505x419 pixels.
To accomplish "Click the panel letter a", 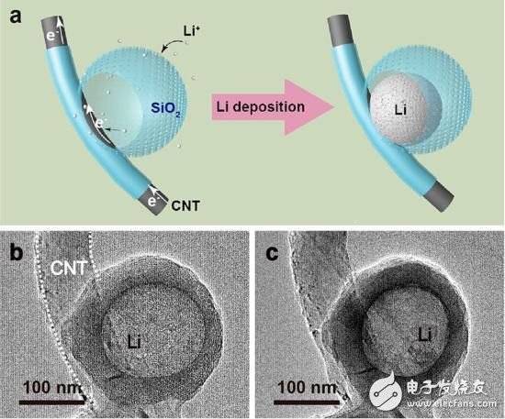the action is pyautogui.click(x=15, y=16).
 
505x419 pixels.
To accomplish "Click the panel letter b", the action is pyautogui.click(x=17, y=252).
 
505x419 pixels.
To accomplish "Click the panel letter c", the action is pyautogui.click(x=273, y=253).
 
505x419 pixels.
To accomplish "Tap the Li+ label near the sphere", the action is pyautogui.click(x=191, y=31).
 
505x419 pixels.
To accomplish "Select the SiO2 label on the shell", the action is pyautogui.click(x=165, y=109).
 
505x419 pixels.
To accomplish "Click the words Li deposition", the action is pyautogui.click(x=260, y=107).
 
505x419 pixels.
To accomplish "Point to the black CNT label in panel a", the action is pyautogui.click(x=185, y=205).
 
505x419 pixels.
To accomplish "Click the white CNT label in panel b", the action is pyautogui.click(x=69, y=268).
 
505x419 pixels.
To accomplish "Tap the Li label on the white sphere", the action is pyautogui.click(x=400, y=111).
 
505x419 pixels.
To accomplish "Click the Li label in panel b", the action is pyautogui.click(x=134, y=342).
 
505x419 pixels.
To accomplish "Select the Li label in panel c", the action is pyautogui.click(x=425, y=336).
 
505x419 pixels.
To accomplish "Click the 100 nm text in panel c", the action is pyautogui.click(x=308, y=387).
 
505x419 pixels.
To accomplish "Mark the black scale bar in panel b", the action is pyautogui.click(x=51, y=402).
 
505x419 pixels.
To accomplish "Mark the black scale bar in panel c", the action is pyautogui.click(x=307, y=402).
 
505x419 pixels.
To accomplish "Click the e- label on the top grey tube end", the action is pyautogui.click(x=51, y=36).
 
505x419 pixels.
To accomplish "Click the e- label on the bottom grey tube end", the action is pyautogui.click(x=152, y=202).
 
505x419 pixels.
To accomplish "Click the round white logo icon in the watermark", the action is pyautogui.click(x=387, y=391).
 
